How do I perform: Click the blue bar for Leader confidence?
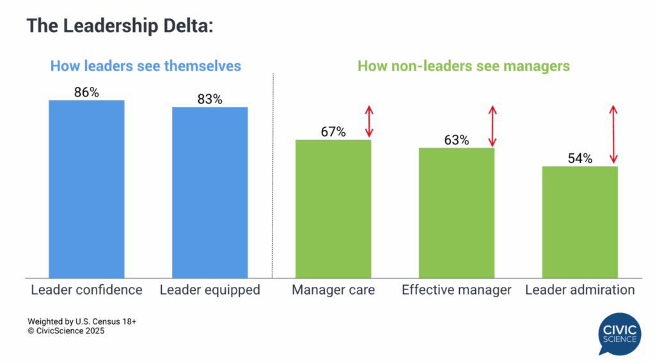[86, 189]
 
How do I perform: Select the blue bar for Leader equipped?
[210, 192]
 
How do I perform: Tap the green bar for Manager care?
[333, 208]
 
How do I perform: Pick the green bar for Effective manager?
[457, 212]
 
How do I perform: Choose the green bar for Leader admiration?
[580, 222]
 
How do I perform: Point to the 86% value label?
[86, 92]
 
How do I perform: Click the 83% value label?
[210, 99]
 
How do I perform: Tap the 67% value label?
[333, 132]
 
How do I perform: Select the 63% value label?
[456, 140]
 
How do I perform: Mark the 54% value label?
[580, 158]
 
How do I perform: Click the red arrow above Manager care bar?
[369, 121]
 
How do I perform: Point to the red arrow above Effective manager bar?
[492, 126]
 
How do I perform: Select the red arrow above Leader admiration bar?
[614, 135]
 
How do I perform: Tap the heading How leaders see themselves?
[146, 66]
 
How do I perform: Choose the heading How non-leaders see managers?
[463, 66]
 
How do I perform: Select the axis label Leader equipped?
[210, 290]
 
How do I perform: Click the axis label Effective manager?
[457, 290]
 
